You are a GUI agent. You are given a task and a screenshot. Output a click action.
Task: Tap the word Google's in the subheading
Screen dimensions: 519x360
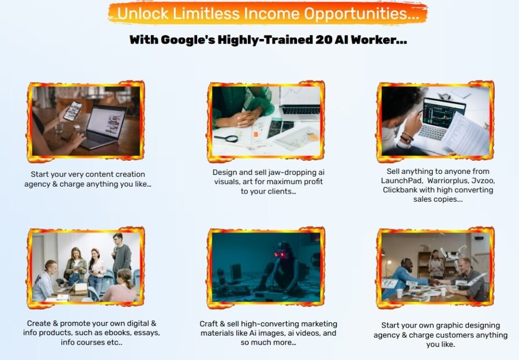click(x=188, y=40)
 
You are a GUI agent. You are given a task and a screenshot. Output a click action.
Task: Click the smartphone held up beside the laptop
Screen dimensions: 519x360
click(x=73, y=111)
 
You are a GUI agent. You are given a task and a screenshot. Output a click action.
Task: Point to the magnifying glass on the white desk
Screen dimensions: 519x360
click(x=226, y=138)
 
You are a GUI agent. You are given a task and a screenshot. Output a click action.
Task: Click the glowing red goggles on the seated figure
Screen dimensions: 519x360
click(x=280, y=255)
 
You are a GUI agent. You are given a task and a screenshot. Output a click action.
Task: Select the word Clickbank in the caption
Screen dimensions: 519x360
click(x=400, y=190)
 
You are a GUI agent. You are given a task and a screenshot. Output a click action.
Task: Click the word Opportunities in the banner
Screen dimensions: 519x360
click(x=362, y=14)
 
